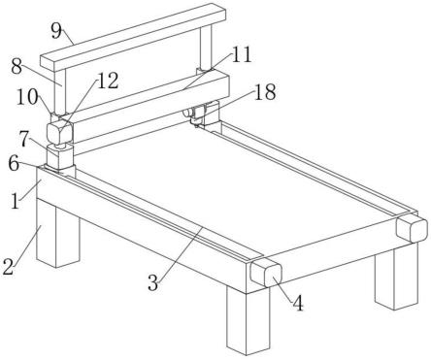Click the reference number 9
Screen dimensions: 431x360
[x=56, y=31]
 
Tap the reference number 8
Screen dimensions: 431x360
[x=16, y=67]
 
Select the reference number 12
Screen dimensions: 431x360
[x=108, y=81]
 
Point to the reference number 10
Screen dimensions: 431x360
[x=27, y=97]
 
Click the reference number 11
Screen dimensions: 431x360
[x=241, y=54]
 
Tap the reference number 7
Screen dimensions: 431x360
[x=24, y=139]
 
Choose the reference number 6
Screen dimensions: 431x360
[x=14, y=163]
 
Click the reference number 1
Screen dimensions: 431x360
[x=16, y=201]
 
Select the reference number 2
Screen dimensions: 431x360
[x=8, y=267]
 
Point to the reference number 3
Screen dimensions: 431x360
[x=153, y=282]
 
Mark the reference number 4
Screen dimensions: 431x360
[x=298, y=304]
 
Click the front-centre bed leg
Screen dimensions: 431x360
[x=249, y=321]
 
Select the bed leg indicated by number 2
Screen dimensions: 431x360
[x=57, y=233]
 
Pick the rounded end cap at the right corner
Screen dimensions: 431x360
[x=412, y=228]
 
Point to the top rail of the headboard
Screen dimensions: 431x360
[x=133, y=37]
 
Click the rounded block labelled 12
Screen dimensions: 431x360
[x=59, y=133]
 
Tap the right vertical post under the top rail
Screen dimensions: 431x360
[x=206, y=48]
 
